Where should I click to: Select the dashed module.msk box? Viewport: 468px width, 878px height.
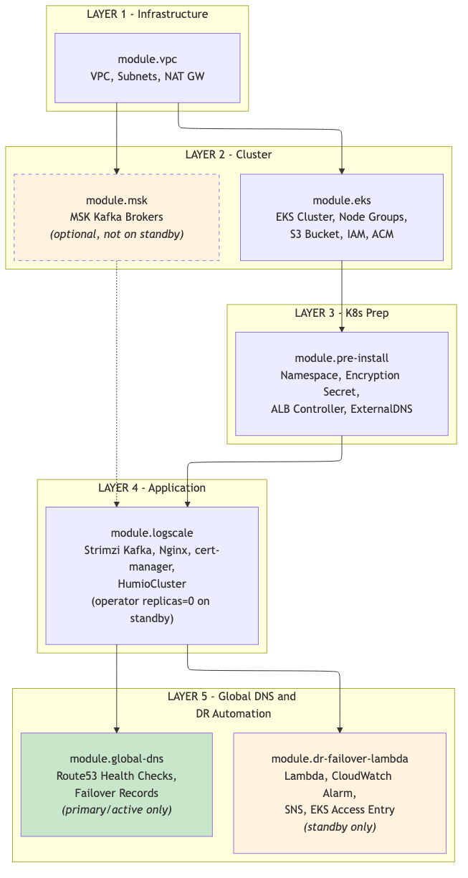[x=117, y=216]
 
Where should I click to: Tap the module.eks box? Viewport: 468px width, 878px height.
[x=342, y=216]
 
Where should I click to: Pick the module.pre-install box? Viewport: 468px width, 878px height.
[x=342, y=383]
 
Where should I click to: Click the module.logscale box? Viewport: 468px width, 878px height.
[x=152, y=575]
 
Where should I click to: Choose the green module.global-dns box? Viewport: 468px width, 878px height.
[x=117, y=784]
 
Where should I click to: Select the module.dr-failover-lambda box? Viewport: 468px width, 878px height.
[x=340, y=793]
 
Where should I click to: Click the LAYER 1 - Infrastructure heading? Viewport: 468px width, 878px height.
[x=148, y=14]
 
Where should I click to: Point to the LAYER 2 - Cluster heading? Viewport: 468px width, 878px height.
[x=229, y=155]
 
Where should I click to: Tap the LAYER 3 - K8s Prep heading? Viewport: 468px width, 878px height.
[x=342, y=313]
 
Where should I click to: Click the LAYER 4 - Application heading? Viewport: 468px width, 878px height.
[x=152, y=488]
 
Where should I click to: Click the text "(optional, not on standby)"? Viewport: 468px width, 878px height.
[x=117, y=234]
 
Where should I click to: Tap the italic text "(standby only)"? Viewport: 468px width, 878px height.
[x=340, y=827]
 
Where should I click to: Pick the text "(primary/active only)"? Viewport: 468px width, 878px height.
[x=117, y=810]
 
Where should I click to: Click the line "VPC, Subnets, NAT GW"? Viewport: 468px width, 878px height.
[x=148, y=76]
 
